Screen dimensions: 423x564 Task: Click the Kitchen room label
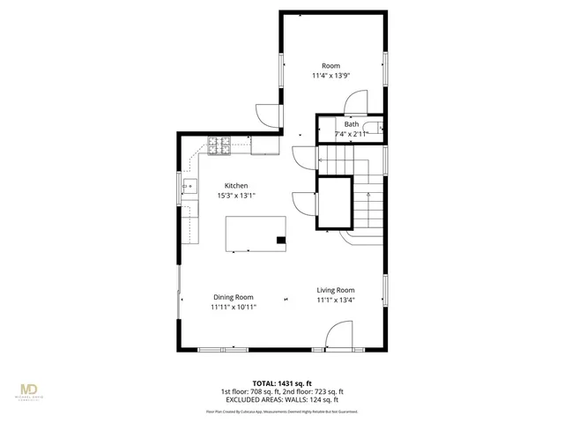click(235, 186)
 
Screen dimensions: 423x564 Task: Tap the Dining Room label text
click(233, 297)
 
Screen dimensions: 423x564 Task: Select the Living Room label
click(336, 290)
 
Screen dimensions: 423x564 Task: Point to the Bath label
click(352, 124)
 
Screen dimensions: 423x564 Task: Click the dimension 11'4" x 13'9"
click(330, 76)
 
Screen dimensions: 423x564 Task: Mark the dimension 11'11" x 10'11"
click(233, 308)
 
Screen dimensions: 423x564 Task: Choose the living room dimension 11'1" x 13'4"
click(336, 301)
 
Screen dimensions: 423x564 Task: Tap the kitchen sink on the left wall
click(189, 186)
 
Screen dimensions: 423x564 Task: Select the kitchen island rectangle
click(256, 234)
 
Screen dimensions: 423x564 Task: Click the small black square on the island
click(281, 239)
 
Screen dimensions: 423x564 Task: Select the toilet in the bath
click(379, 129)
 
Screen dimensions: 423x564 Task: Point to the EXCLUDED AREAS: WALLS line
click(282, 399)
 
